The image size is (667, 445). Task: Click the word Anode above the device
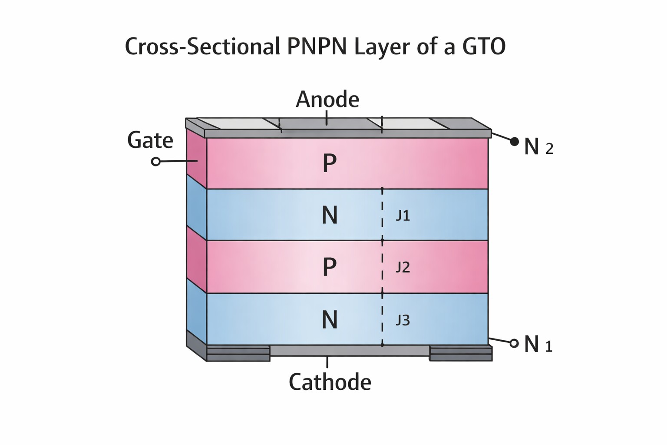pyautogui.click(x=327, y=100)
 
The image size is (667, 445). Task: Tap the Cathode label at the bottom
pyautogui.click(x=330, y=382)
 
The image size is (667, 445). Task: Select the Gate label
pyautogui.click(x=150, y=140)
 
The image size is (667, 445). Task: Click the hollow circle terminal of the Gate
pyautogui.click(x=156, y=162)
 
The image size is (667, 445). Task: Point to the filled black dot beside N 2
pyautogui.click(x=515, y=142)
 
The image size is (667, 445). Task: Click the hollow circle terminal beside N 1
pyautogui.click(x=514, y=343)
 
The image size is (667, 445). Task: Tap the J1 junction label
pyautogui.click(x=403, y=216)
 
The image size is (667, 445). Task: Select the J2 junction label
pyautogui.click(x=403, y=267)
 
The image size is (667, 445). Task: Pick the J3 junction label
pyautogui.click(x=403, y=320)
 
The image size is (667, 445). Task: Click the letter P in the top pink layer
pyautogui.click(x=330, y=163)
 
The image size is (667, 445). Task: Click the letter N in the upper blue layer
pyautogui.click(x=330, y=215)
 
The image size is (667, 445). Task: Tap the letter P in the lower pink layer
pyautogui.click(x=330, y=267)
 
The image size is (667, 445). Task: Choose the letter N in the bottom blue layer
pyautogui.click(x=330, y=320)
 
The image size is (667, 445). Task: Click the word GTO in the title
pyautogui.click(x=484, y=46)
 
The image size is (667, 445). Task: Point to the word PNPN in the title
pyautogui.click(x=317, y=46)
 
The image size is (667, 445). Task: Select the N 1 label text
pyautogui.click(x=538, y=344)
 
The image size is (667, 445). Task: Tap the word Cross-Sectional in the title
pyautogui.click(x=202, y=46)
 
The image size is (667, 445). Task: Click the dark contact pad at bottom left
pyautogui.click(x=238, y=353)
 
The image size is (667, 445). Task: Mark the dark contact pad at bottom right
pyautogui.click(x=461, y=353)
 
